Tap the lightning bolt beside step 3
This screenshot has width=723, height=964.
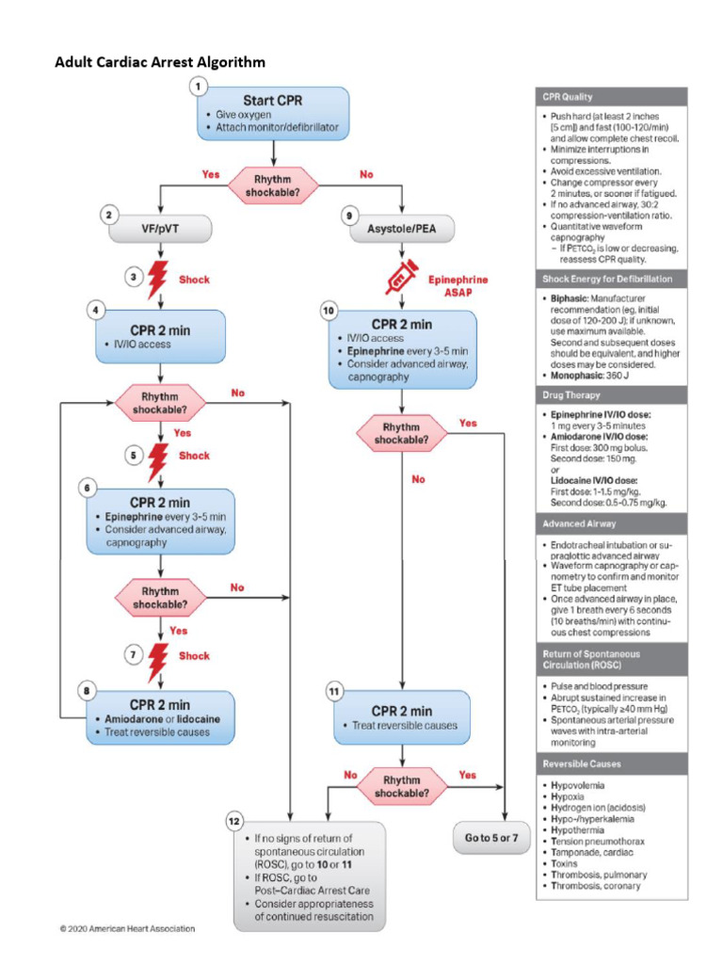159,280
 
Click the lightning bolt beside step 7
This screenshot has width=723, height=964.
159,656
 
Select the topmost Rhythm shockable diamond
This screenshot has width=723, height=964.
273,185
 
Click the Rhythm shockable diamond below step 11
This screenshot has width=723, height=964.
403,786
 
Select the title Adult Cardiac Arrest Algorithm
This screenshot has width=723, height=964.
160,62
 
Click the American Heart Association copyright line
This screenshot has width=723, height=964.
127,928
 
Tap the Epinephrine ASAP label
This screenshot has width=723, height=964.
458,286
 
